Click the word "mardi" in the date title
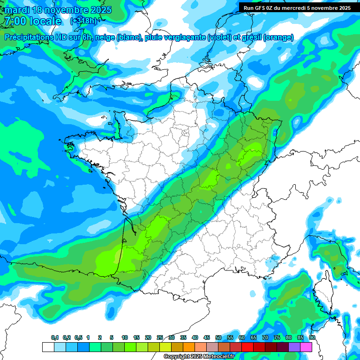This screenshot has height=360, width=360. [16, 10]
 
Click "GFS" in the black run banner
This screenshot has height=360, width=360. [264, 8]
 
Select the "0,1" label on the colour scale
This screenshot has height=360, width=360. [55, 338]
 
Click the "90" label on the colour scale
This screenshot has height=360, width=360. [312, 338]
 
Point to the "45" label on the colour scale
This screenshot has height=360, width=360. [207, 338]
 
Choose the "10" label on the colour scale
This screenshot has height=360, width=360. [125, 338]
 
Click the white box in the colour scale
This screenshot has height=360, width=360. [48, 347]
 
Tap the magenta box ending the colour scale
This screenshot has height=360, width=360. [306, 347]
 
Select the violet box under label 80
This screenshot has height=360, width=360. [283, 347]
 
